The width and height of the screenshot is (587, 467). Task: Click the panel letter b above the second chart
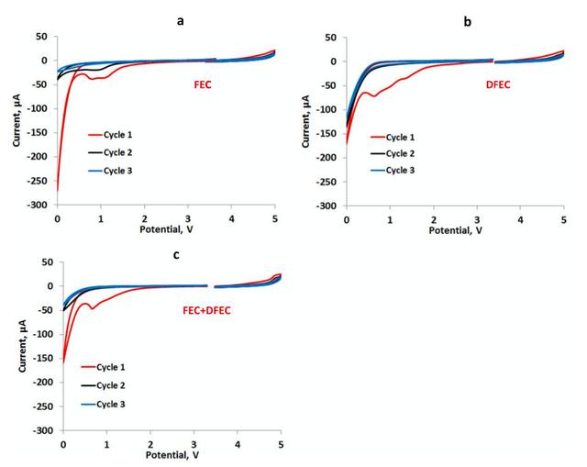468,20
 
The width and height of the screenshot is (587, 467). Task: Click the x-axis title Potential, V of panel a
166,228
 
